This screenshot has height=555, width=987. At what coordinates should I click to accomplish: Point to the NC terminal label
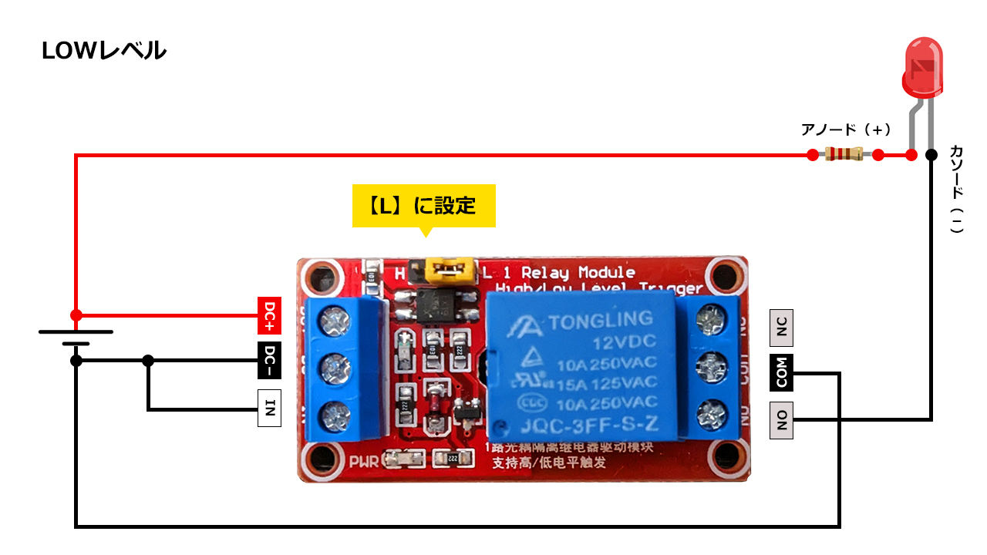point(782,328)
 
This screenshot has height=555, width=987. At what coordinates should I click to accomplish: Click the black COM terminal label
point(782,373)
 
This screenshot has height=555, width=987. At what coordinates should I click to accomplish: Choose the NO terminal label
point(782,420)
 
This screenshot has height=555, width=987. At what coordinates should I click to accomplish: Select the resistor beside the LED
point(844,155)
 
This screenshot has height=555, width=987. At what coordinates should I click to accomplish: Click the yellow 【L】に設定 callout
point(423,206)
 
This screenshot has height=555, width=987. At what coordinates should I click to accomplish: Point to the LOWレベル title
point(103,51)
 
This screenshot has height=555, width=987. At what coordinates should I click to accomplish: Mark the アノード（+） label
point(846,129)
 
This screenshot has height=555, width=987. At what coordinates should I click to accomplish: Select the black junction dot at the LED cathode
point(931,155)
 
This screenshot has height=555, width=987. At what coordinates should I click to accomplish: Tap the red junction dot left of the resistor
point(811,155)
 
